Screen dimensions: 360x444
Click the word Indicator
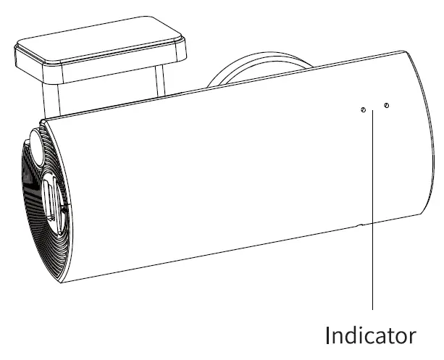point(371,335)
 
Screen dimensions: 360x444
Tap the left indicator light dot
point(363,109)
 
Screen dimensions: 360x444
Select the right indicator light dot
point(386,106)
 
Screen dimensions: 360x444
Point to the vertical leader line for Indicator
point(372,217)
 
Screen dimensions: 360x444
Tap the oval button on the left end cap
point(35,148)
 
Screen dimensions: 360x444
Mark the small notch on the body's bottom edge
point(361,226)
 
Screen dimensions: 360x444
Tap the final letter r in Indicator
point(413,338)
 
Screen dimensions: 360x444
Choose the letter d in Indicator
point(352,335)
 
